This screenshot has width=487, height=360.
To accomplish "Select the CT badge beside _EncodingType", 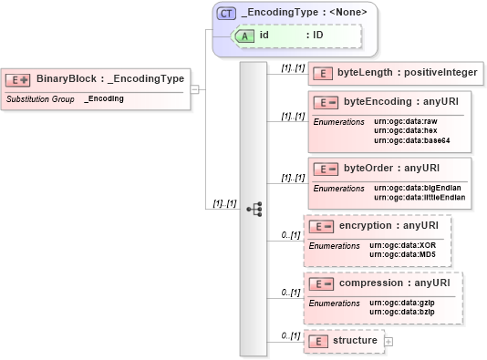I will [x=226, y=14].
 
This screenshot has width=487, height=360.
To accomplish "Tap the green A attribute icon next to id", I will [x=244, y=36].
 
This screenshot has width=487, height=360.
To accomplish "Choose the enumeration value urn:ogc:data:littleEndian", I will [x=420, y=197].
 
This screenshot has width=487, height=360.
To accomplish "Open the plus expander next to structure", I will [x=389, y=341].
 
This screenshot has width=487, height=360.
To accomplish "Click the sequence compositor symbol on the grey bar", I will [x=254, y=209].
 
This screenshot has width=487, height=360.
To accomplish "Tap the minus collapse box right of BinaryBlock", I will [x=194, y=89].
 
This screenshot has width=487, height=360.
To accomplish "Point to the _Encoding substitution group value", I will [x=105, y=98].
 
